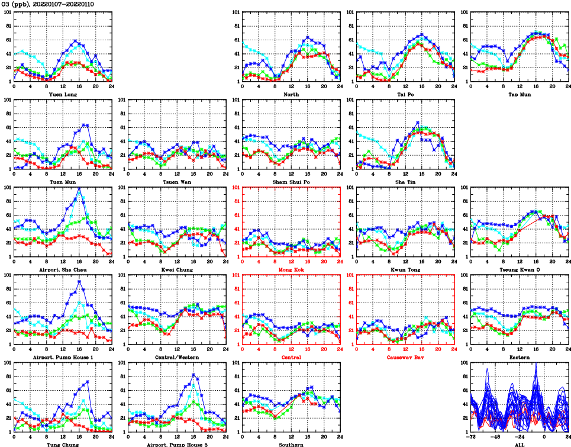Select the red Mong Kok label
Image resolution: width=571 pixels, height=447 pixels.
click(291, 269)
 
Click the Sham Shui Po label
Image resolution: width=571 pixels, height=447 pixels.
click(291, 182)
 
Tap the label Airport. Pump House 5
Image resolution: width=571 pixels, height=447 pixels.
click(176, 444)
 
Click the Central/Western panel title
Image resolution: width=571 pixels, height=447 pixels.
click(176, 357)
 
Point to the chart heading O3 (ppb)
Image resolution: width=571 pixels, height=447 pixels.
click(17, 4)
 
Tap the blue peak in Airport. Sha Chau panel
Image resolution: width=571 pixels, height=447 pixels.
click(79, 188)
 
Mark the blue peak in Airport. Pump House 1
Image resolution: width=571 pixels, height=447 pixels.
click(79, 281)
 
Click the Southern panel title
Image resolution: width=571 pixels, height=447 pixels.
click(291, 444)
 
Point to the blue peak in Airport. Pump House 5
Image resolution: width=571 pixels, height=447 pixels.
click(193, 374)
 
